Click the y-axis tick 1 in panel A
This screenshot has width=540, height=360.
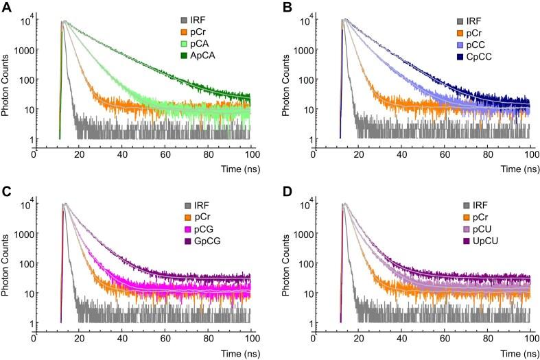coord(26,139)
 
